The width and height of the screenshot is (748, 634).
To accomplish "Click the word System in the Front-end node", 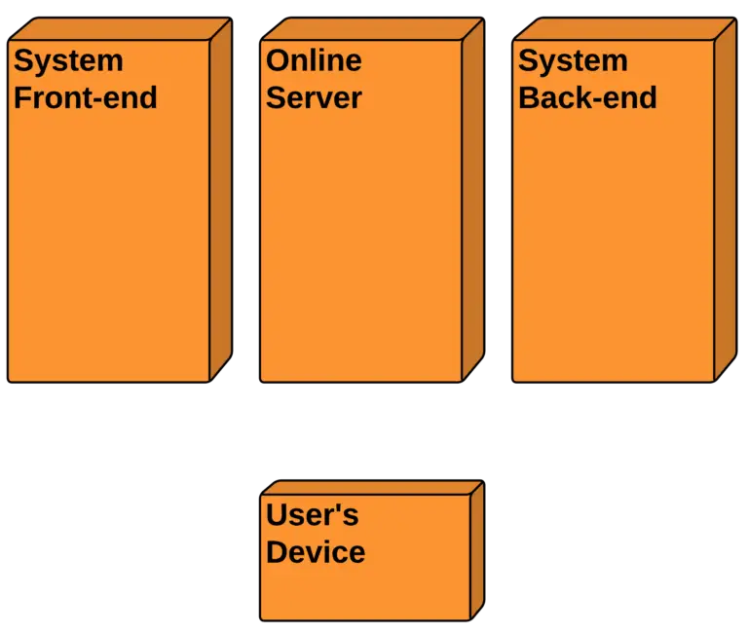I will click(x=68, y=60).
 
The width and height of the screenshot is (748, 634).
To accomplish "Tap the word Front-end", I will click(x=85, y=97).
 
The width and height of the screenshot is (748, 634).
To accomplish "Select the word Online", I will click(x=314, y=60).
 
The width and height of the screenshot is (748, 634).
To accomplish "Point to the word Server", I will click(x=314, y=97).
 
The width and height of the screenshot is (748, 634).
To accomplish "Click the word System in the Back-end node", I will click(x=573, y=60).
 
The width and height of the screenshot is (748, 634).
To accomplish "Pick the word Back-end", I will click(x=587, y=97).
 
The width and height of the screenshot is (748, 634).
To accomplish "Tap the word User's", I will click(x=312, y=514).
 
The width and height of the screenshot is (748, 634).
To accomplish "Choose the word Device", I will click(x=316, y=552).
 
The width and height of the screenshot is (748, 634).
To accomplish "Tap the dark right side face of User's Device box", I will click(x=477, y=550).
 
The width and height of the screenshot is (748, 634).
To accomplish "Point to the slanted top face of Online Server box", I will click(x=370, y=29).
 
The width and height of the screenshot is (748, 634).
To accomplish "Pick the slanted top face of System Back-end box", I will click(x=623, y=29).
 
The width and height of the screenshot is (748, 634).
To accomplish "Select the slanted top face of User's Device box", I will click(x=370, y=486).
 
